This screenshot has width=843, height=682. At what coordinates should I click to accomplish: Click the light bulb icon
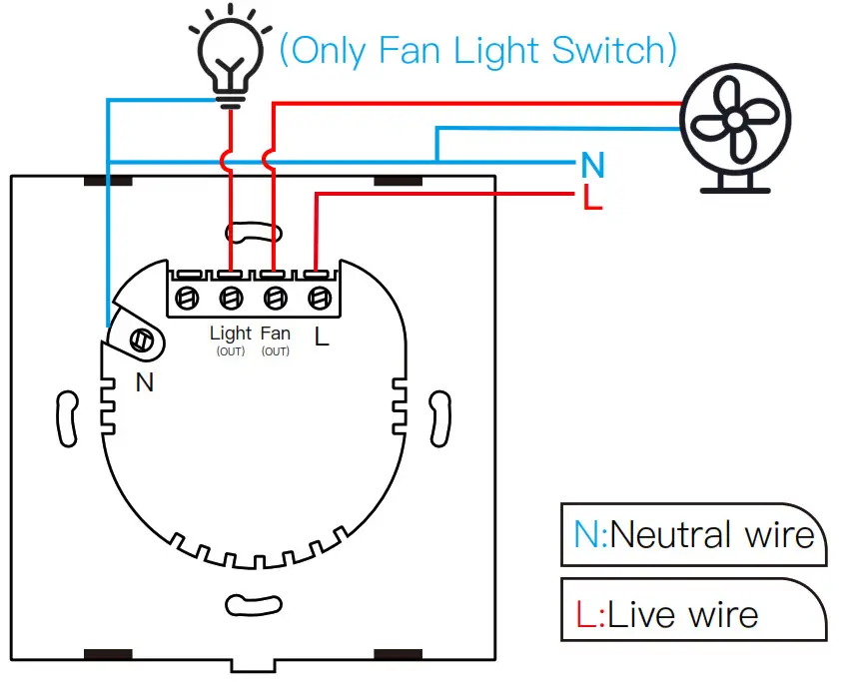(231, 60)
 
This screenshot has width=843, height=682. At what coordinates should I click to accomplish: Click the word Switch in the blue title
(616, 50)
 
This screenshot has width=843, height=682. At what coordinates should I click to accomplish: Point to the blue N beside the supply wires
(593, 165)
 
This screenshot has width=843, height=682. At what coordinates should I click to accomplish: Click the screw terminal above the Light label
(231, 298)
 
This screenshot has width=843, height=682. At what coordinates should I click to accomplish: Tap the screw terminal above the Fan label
(275, 298)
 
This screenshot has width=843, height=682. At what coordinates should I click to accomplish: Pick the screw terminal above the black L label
(319, 298)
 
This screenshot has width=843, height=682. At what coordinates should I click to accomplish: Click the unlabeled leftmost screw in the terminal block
(188, 298)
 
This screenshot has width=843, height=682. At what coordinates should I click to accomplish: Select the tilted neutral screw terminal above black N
(142, 340)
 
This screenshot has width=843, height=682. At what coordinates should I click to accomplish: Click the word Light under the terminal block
(231, 334)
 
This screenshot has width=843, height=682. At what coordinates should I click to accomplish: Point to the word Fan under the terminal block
(275, 334)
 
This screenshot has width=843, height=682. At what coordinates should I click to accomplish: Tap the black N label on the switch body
(145, 380)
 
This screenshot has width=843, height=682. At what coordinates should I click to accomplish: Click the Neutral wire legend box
(693, 534)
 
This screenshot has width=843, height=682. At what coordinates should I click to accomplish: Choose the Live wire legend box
(693, 611)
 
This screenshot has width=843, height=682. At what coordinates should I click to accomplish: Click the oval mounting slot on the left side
(67, 417)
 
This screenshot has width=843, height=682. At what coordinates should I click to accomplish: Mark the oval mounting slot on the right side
(438, 417)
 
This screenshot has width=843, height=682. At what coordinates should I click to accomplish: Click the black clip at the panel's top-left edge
(107, 181)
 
